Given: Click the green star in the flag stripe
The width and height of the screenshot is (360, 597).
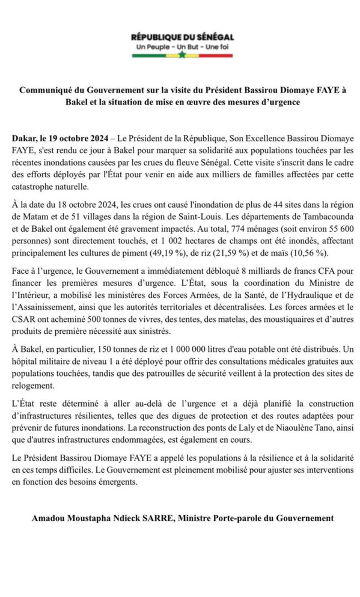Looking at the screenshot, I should pos(182,55).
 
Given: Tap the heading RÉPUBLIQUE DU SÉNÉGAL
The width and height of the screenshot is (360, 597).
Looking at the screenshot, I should pos(182,37).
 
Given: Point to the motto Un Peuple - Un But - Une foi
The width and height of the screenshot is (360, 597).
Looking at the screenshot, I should pos(182,46).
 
